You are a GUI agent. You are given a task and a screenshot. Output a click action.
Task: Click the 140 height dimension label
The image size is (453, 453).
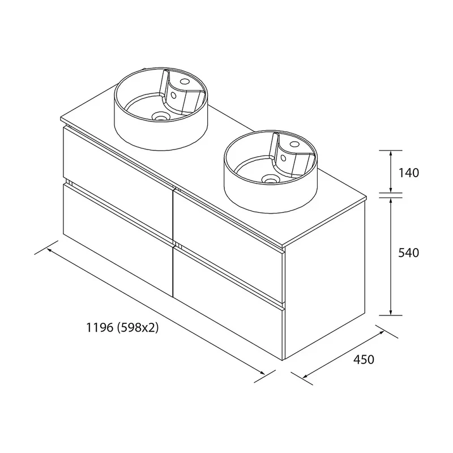408,173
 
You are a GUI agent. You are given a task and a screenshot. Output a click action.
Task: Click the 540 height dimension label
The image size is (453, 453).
408,253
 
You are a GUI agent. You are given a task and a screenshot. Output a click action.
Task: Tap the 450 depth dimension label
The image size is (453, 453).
364,360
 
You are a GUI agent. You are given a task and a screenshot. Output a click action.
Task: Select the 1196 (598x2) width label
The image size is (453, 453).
122,328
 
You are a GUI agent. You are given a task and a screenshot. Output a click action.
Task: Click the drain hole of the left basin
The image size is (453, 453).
160,117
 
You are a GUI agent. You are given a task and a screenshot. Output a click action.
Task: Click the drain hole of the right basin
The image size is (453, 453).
270,180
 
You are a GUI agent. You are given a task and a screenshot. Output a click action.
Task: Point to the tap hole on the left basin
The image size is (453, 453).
183,80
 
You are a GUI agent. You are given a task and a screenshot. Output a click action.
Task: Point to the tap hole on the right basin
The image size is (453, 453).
294,144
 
